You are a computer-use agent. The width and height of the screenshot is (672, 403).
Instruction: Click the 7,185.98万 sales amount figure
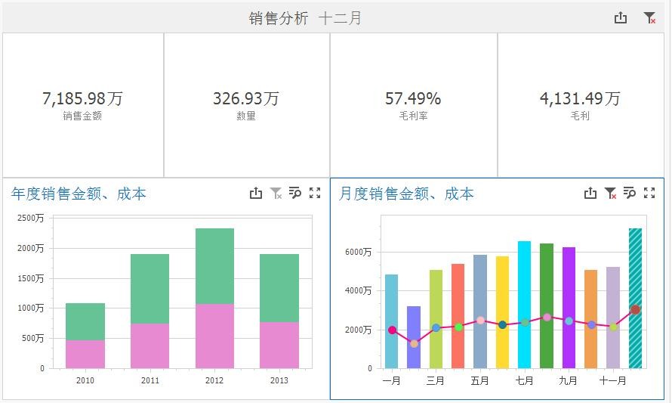[82, 99]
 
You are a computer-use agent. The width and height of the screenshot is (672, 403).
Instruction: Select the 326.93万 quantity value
[246, 99]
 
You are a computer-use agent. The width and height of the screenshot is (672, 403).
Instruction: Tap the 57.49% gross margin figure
[413, 99]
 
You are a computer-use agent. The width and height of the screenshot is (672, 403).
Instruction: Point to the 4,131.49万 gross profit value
[580, 99]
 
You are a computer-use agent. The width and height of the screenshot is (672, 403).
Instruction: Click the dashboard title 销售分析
[279, 18]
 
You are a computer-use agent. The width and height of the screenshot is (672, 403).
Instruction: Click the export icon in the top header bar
[621, 18]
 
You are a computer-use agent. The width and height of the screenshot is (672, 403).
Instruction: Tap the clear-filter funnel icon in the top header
[649, 18]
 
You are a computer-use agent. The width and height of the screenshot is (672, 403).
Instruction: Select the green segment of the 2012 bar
[214, 266]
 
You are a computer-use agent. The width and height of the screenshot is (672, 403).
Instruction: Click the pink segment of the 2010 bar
[85, 354]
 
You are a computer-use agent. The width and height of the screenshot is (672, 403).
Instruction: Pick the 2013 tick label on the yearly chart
[279, 380]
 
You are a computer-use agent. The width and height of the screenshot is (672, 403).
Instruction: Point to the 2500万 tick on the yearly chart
[31, 218]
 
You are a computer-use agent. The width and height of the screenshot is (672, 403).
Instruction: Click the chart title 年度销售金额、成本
[79, 194]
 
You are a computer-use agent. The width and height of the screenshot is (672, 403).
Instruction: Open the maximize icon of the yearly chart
[315, 194]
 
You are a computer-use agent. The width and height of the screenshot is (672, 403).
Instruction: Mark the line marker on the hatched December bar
[635, 309]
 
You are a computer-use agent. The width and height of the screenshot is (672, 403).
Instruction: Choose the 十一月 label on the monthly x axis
[612, 381]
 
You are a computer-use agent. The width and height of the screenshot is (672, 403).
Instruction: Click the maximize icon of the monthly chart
[649, 194]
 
